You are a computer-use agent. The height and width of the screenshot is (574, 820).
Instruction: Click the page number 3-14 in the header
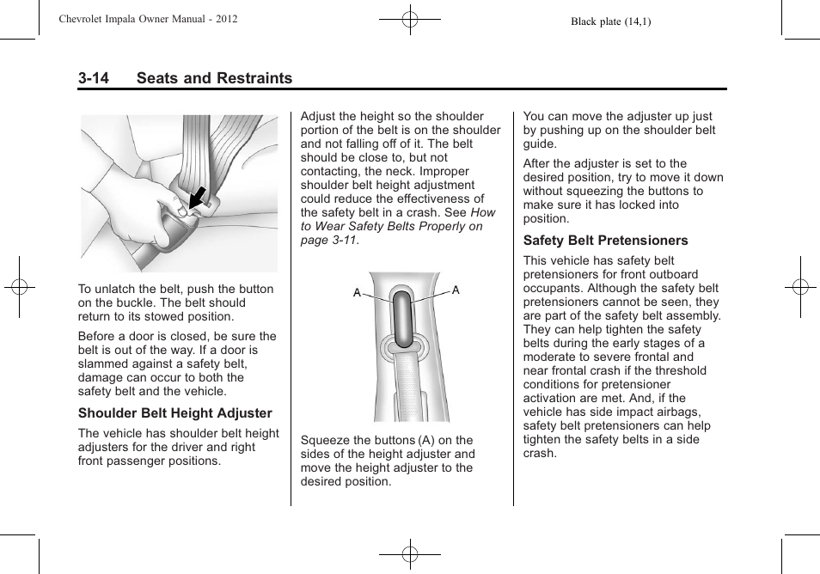tap(94, 78)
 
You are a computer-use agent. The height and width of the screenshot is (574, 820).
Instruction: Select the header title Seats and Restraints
tap(214, 78)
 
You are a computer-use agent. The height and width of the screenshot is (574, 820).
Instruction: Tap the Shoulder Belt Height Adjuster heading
tap(175, 413)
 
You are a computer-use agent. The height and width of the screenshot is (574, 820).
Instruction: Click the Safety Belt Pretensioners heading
tap(605, 241)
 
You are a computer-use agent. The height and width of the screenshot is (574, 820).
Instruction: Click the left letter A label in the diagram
tap(357, 293)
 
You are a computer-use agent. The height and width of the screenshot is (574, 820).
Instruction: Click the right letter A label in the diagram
tap(456, 290)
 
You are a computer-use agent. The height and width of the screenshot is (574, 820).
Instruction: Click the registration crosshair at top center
tap(410, 18)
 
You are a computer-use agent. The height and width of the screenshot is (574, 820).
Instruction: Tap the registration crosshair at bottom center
tap(410, 555)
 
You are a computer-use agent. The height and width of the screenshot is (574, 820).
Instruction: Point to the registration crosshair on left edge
tap(18, 287)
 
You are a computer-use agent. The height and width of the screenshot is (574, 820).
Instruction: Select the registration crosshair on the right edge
tap(800, 287)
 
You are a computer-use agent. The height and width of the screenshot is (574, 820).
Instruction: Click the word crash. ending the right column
tap(540, 453)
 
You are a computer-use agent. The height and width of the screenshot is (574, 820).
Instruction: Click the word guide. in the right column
tap(540, 143)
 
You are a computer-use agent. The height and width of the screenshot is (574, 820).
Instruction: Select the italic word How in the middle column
tap(483, 212)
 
